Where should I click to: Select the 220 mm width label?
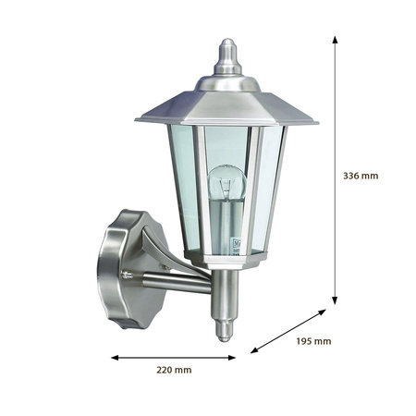pos(174,370)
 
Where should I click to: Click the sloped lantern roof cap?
pos(226,106)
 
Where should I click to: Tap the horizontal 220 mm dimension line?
pos(174,357)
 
